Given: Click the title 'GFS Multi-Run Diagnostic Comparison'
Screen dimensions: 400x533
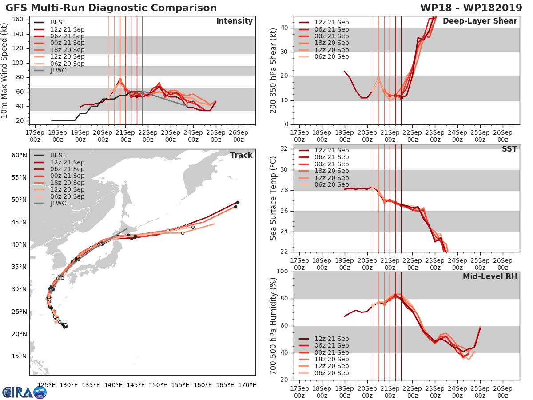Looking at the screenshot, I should point(111,8).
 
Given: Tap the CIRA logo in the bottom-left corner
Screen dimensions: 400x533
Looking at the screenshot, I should point(24,392).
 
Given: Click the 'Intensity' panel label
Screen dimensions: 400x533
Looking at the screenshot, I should point(234,21).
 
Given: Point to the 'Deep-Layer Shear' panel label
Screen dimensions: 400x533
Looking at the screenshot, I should point(480,21).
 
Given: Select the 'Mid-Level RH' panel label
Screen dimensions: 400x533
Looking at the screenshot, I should point(490,276).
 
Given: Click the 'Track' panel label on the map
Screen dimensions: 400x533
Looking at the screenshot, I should point(241,155).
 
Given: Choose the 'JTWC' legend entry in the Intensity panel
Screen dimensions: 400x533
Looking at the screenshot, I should point(59,70).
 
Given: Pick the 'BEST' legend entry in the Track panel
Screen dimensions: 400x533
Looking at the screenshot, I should point(58,155).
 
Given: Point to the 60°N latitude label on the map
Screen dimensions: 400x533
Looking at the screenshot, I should point(19,155).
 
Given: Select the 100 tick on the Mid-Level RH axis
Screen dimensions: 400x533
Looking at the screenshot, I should point(282,272).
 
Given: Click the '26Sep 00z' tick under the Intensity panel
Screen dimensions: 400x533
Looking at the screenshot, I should point(238,136).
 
